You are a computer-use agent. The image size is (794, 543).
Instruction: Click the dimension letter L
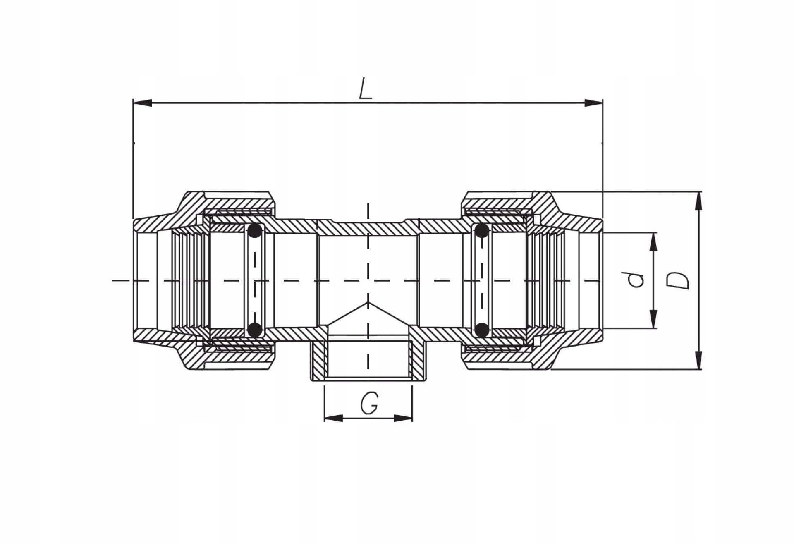pyautogui.click(x=366, y=89)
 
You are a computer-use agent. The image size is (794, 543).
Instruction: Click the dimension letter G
pyautogui.click(x=369, y=403)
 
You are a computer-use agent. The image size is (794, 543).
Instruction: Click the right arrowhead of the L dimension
pyautogui.click(x=593, y=103)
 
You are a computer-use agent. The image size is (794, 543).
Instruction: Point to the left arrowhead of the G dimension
pyautogui.click(x=334, y=418)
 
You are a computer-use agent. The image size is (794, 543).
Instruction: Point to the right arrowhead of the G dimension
pyautogui.click(x=403, y=418)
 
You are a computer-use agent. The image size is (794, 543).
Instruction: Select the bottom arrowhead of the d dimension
pyautogui.click(x=653, y=319)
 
